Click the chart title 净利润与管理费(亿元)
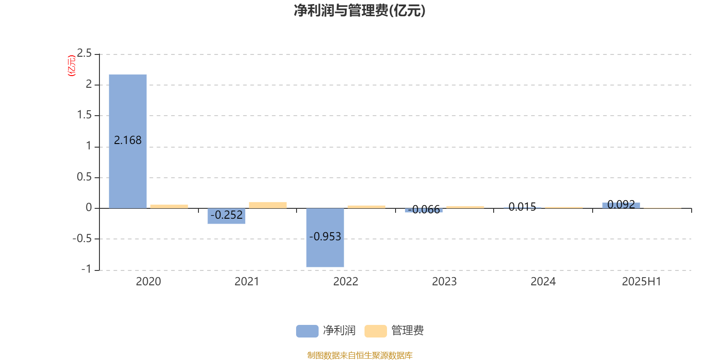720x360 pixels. (x=360, y=11)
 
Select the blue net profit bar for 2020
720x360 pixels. (x=128, y=141)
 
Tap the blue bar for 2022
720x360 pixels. (x=325, y=238)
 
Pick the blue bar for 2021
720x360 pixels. (x=226, y=216)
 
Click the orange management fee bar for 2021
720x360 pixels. (x=268, y=205)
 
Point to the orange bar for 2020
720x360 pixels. (x=169, y=207)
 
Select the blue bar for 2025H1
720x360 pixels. (x=621, y=205)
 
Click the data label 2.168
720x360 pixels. (x=128, y=140)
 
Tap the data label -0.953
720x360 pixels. (x=325, y=237)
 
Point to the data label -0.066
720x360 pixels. (x=424, y=210)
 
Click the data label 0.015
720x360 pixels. (x=522, y=207)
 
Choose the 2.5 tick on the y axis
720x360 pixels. (x=84, y=53)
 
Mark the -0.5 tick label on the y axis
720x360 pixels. (x=82, y=238)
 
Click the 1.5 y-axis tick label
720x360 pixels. (x=84, y=115)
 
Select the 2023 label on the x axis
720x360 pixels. (x=444, y=282)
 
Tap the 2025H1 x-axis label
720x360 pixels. (x=642, y=282)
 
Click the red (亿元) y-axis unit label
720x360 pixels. (x=72, y=66)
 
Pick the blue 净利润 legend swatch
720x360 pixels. (x=307, y=331)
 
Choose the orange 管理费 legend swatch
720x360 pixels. (x=375, y=331)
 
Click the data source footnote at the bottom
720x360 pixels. (x=360, y=355)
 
